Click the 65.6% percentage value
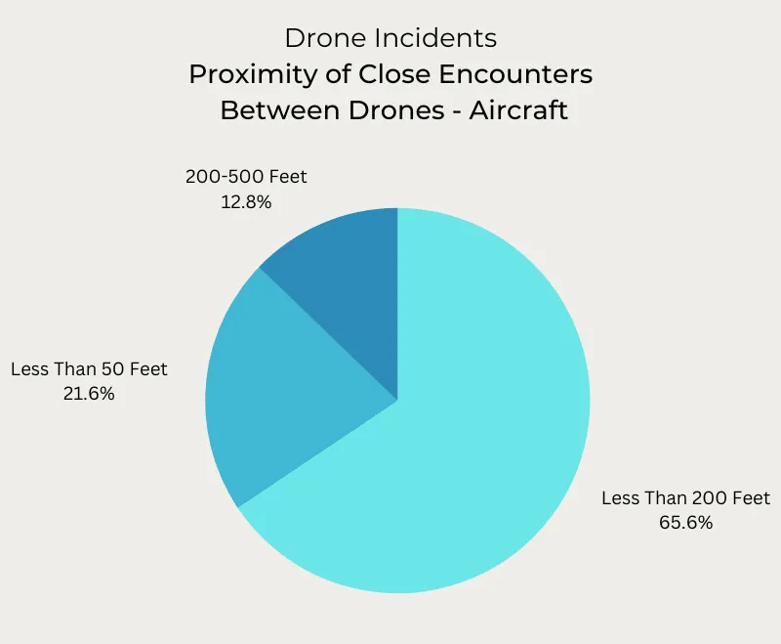coord(685,523)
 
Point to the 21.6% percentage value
coord(89,394)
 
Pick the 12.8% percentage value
coord(245,201)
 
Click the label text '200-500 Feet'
coord(246,177)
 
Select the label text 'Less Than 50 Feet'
coord(89,369)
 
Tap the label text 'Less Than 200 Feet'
coord(685,498)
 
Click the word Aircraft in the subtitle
coord(517,109)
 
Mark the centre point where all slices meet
coord(397,400)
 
